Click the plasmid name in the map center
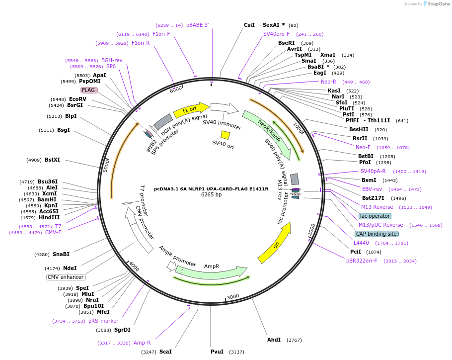[x=211, y=188]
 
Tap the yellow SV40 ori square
[x=225, y=135]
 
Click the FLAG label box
[x=89, y=90]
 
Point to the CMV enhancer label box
[x=66, y=277]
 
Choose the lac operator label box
[x=375, y=216]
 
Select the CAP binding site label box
[x=376, y=234]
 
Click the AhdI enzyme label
[x=274, y=340]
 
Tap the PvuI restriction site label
[x=217, y=352]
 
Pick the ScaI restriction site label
[x=165, y=352]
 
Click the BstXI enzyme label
[x=52, y=160]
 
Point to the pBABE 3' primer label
[x=198, y=25]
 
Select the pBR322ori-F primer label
[x=362, y=261]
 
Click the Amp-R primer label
[x=142, y=343]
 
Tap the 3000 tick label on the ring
[x=232, y=296]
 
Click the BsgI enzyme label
[x=64, y=130]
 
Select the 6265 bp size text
[x=211, y=195]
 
